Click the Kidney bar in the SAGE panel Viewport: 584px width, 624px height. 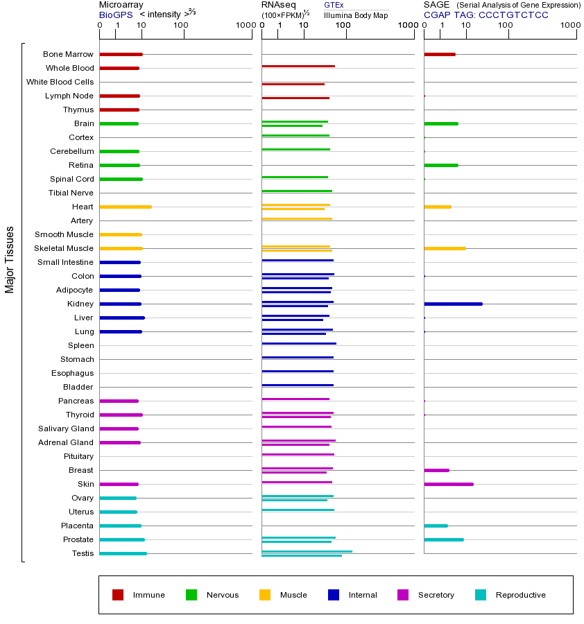point(453,304)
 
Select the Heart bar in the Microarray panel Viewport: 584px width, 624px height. point(126,207)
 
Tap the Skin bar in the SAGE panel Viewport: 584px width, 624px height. point(449,484)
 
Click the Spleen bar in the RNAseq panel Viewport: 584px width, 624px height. point(299,343)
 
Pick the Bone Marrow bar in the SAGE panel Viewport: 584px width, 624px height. point(440,54)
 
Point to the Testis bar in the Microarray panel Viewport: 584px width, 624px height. point(123,553)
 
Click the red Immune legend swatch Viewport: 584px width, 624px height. point(118,595)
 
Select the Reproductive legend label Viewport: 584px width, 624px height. point(520,595)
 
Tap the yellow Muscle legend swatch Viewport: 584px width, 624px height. point(265,595)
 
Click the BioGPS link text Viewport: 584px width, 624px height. point(116,15)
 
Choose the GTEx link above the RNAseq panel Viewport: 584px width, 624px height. point(334,5)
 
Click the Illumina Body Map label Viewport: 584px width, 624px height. point(356,15)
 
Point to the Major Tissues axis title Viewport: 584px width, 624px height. point(10,259)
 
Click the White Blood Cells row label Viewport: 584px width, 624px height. point(60,82)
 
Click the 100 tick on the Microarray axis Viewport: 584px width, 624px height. point(181,26)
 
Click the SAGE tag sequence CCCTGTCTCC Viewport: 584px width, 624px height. point(513,15)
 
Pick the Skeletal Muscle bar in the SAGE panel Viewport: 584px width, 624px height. point(445,248)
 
